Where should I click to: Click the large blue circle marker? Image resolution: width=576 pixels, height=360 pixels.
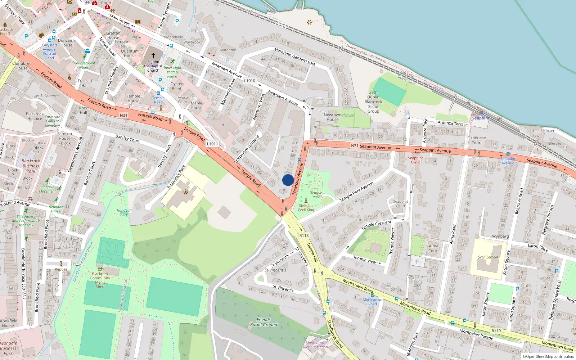pyautogui.click(x=288, y=180)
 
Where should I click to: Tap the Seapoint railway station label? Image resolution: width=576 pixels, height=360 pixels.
pyautogui.click(x=481, y=118)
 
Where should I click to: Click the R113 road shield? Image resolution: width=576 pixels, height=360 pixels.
pyautogui.click(x=304, y=235)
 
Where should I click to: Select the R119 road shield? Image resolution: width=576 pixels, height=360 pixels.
pyautogui.click(x=496, y=330)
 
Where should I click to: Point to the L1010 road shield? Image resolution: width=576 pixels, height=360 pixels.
pyautogui.click(x=249, y=81)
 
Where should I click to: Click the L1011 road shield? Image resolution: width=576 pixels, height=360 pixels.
pyautogui.click(x=212, y=144)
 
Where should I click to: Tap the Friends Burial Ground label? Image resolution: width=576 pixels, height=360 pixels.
pyautogui.click(x=264, y=322)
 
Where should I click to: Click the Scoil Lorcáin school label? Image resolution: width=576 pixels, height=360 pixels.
pyautogui.click(x=488, y=257)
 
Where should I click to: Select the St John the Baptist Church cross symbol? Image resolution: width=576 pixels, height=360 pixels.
pyautogui.click(x=153, y=55)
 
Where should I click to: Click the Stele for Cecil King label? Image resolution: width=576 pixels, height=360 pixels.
pyautogui.click(x=306, y=208)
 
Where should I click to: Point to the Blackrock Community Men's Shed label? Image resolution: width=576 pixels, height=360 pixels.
pyautogui.click(x=100, y=280)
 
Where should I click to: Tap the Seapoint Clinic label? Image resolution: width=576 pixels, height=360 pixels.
pyautogui.click(x=415, y=160)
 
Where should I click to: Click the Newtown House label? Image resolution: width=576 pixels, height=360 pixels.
pyautogui.click(x=333, y=117)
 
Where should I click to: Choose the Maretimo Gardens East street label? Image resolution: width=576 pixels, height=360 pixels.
pyautogui.click(x=294, y=57)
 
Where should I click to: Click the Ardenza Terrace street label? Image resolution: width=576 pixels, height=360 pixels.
pyautogui.click(x=453, y=123)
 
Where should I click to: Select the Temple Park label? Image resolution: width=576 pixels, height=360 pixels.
pyautogui.click(x=316, y=195)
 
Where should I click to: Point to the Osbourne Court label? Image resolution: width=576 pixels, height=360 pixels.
pyautogui.click(x=476, y=140)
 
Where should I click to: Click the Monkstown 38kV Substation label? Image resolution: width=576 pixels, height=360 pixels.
pyautogui.click(x=315, y=345)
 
